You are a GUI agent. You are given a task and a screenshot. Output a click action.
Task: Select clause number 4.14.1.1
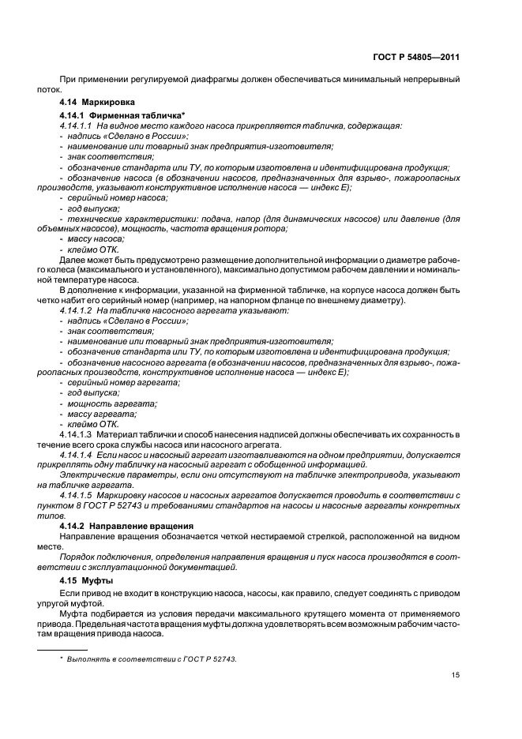point(76,126)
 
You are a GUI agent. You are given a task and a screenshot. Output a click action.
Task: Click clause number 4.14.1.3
point(76,433)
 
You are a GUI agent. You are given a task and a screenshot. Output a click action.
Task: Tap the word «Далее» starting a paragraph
point(72,259)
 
